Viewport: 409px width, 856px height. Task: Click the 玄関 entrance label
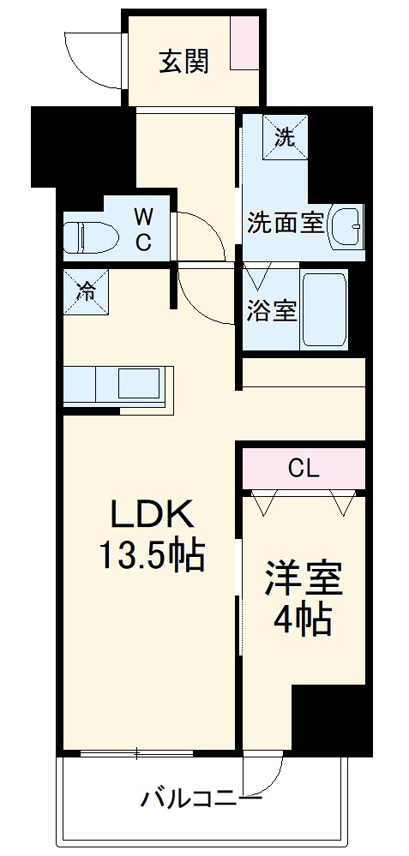click(183, 62)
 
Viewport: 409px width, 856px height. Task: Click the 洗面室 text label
click(286, 223)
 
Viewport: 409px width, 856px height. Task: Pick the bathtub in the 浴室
click(324, 309)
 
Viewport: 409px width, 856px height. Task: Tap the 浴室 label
click(272, 311)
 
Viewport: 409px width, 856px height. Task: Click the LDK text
click(150, 516)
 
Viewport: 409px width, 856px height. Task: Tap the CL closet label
click(303, 468)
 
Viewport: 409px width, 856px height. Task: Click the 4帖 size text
click(303, 620)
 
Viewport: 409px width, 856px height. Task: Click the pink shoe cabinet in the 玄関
click(244, 43)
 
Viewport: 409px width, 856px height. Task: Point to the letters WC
click(142, 230)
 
